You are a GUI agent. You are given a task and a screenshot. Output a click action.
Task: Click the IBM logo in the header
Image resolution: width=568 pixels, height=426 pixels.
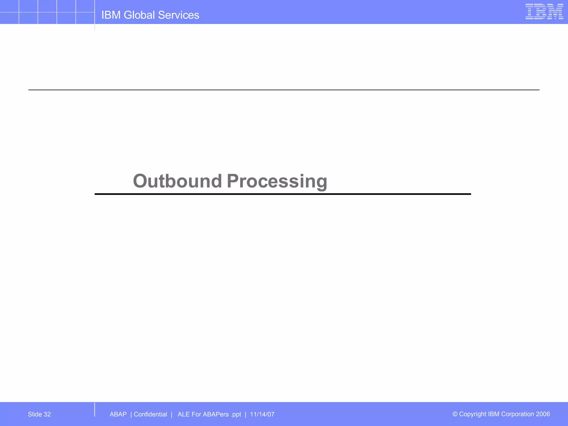click(x=544, y=12)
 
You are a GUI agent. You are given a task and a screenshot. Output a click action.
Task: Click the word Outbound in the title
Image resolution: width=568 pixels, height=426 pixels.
click(x=177, y=181)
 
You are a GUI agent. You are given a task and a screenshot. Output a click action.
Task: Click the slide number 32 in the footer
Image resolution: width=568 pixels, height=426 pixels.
click(x=47, y=414)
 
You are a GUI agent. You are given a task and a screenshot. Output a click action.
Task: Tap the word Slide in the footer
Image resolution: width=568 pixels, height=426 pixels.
click(x=35, y=414)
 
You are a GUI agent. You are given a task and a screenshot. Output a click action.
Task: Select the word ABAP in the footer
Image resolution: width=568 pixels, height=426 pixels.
click(x=118, y=414)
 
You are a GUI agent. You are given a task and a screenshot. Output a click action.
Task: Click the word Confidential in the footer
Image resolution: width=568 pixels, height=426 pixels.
click(x=150, y=414)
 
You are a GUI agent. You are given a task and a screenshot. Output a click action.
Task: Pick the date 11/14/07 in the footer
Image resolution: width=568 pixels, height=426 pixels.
click(x=262, y=414)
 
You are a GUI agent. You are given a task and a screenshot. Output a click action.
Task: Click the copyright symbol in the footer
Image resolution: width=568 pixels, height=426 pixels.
click(x=455, y=414)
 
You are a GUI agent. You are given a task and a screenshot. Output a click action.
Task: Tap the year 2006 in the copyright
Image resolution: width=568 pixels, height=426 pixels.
click(x=543, y=414)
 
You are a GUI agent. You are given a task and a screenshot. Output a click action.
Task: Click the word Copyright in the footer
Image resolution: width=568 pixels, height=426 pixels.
click(x=473, y=414)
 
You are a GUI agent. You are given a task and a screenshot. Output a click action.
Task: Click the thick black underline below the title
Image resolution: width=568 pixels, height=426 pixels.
click(x=283, y=194)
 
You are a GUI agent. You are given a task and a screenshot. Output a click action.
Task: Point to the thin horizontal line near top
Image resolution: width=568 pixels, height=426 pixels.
click(x=284, y=90)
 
